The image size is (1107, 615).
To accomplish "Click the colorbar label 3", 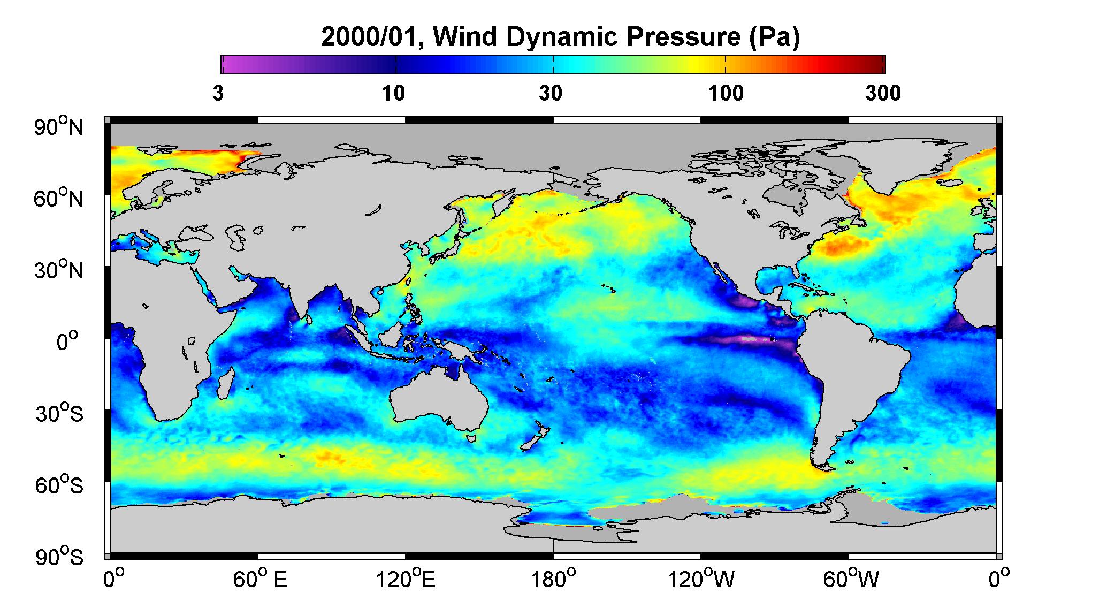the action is [x=218, y=94].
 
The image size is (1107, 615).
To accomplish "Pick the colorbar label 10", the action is [x=394, y=94].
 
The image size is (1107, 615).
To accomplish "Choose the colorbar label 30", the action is [x=551, y=94].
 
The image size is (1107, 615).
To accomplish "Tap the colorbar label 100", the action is [x=726, y=94].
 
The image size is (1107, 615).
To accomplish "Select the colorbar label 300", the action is [x=883, y=94].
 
